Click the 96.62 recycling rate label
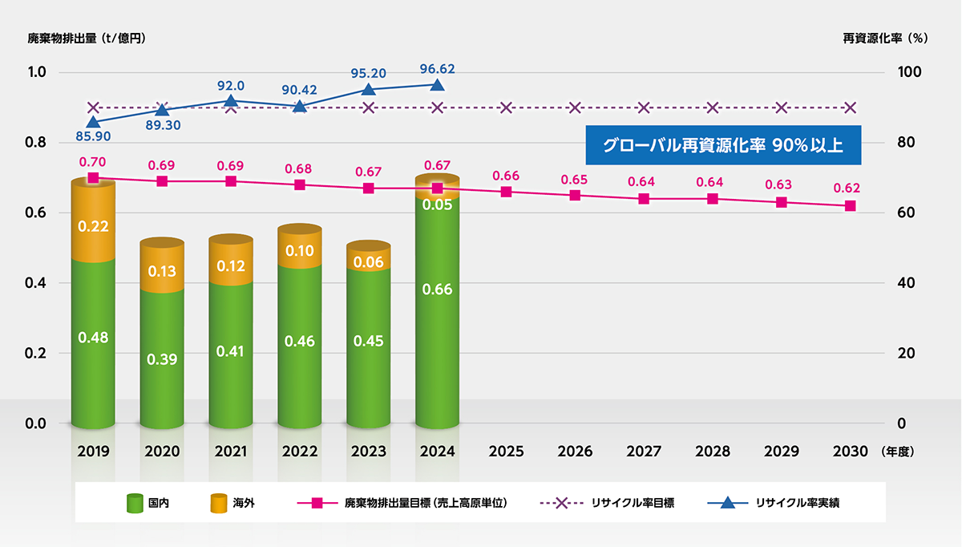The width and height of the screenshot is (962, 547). [x=437, y=67]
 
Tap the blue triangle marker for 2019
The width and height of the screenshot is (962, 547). [x=93, y=122]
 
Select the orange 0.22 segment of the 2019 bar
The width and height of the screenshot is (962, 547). [x=93, y=227]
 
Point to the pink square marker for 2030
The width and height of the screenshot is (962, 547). [x=851, y=206]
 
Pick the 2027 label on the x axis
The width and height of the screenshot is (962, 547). [x=644, y=452]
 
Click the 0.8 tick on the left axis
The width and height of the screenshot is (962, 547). [x=38, y=143]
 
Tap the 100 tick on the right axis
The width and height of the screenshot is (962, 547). [x=908, y=73]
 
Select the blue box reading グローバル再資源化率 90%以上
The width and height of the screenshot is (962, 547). [x=722, y=147]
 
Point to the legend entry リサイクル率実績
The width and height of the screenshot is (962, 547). [x=777, y=503]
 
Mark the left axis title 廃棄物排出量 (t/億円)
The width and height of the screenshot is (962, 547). [x=87, y=38]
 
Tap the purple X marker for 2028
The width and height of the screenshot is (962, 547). [x=713, y=107]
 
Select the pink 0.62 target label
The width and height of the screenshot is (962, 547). [x=847, y=188]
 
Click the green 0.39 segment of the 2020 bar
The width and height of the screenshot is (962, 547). [x=162, y=360]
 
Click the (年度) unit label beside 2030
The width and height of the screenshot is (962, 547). [x=897, y=452]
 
